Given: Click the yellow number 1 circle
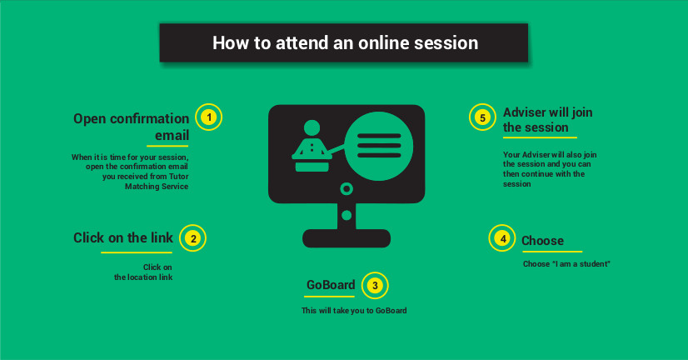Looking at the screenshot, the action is click(209, 117).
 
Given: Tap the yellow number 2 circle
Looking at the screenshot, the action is click(192, 238).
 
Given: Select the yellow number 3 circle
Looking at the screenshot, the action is click(375, 285).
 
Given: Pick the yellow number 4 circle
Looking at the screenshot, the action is click(502, 238).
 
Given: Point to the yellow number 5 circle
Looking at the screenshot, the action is click(482, 117).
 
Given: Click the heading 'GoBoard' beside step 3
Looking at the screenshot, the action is click(331, 285).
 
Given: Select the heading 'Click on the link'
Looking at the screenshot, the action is click(123, 237).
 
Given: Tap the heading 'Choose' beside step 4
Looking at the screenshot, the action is click(543, 241).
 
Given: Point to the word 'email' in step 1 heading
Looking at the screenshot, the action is click(172, 135).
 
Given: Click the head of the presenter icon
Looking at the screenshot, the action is click(312, 127).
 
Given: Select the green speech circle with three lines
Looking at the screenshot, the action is click(379, 146).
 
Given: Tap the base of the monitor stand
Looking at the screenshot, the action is click(346, 238).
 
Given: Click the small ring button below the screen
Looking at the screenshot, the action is click(346, 189).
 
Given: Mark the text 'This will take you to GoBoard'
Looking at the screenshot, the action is click(354, 310).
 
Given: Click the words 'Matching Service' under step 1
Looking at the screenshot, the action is click(157, 187).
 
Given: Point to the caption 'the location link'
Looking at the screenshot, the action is click(143, 277).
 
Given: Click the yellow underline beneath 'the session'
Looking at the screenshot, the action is click(540, 137).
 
